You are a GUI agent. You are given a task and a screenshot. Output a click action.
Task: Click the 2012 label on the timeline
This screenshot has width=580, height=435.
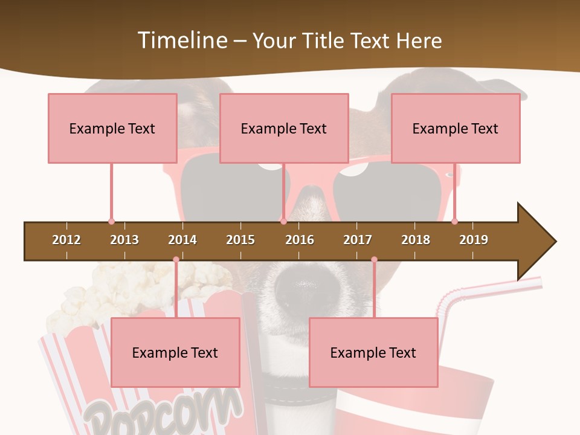[x=66, y=240]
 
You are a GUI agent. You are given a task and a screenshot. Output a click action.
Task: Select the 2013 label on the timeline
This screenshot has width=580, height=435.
[x=124, y=240]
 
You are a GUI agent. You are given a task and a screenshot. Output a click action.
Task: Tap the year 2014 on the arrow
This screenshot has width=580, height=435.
[x=182, y=240]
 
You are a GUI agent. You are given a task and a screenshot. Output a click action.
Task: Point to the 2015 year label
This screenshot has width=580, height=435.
[x=240, y=240]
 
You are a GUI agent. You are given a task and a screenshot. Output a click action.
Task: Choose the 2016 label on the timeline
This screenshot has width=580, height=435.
[x=300, y=240]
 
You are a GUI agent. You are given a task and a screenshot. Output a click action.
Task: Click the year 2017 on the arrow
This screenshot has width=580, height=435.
[x=358, y=240]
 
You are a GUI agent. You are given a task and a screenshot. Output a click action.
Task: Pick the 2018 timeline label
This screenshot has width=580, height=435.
[x=416, y=240]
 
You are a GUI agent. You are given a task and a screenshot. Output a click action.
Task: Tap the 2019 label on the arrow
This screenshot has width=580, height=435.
[x=474, y=240]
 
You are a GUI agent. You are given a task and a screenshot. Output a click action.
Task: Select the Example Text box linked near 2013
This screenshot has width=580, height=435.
[x=112, y=128]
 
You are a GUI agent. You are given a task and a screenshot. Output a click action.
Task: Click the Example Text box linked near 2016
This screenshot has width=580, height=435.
[x=284, y=128]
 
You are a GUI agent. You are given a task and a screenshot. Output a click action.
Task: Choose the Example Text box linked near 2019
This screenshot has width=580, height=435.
[x=456, y=128]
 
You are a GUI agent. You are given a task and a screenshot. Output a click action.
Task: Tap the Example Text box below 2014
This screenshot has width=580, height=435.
[x=175, y=352]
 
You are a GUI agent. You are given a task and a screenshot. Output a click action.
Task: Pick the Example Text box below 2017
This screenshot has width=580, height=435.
[x=373, y=352]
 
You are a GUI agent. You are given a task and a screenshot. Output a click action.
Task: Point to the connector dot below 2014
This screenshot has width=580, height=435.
[x=176, y=260]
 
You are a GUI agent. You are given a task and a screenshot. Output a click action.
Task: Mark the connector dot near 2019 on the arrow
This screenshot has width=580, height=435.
[x=454, y=221]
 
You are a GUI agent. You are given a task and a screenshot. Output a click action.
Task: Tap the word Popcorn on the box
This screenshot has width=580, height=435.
[x=160, y=411]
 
